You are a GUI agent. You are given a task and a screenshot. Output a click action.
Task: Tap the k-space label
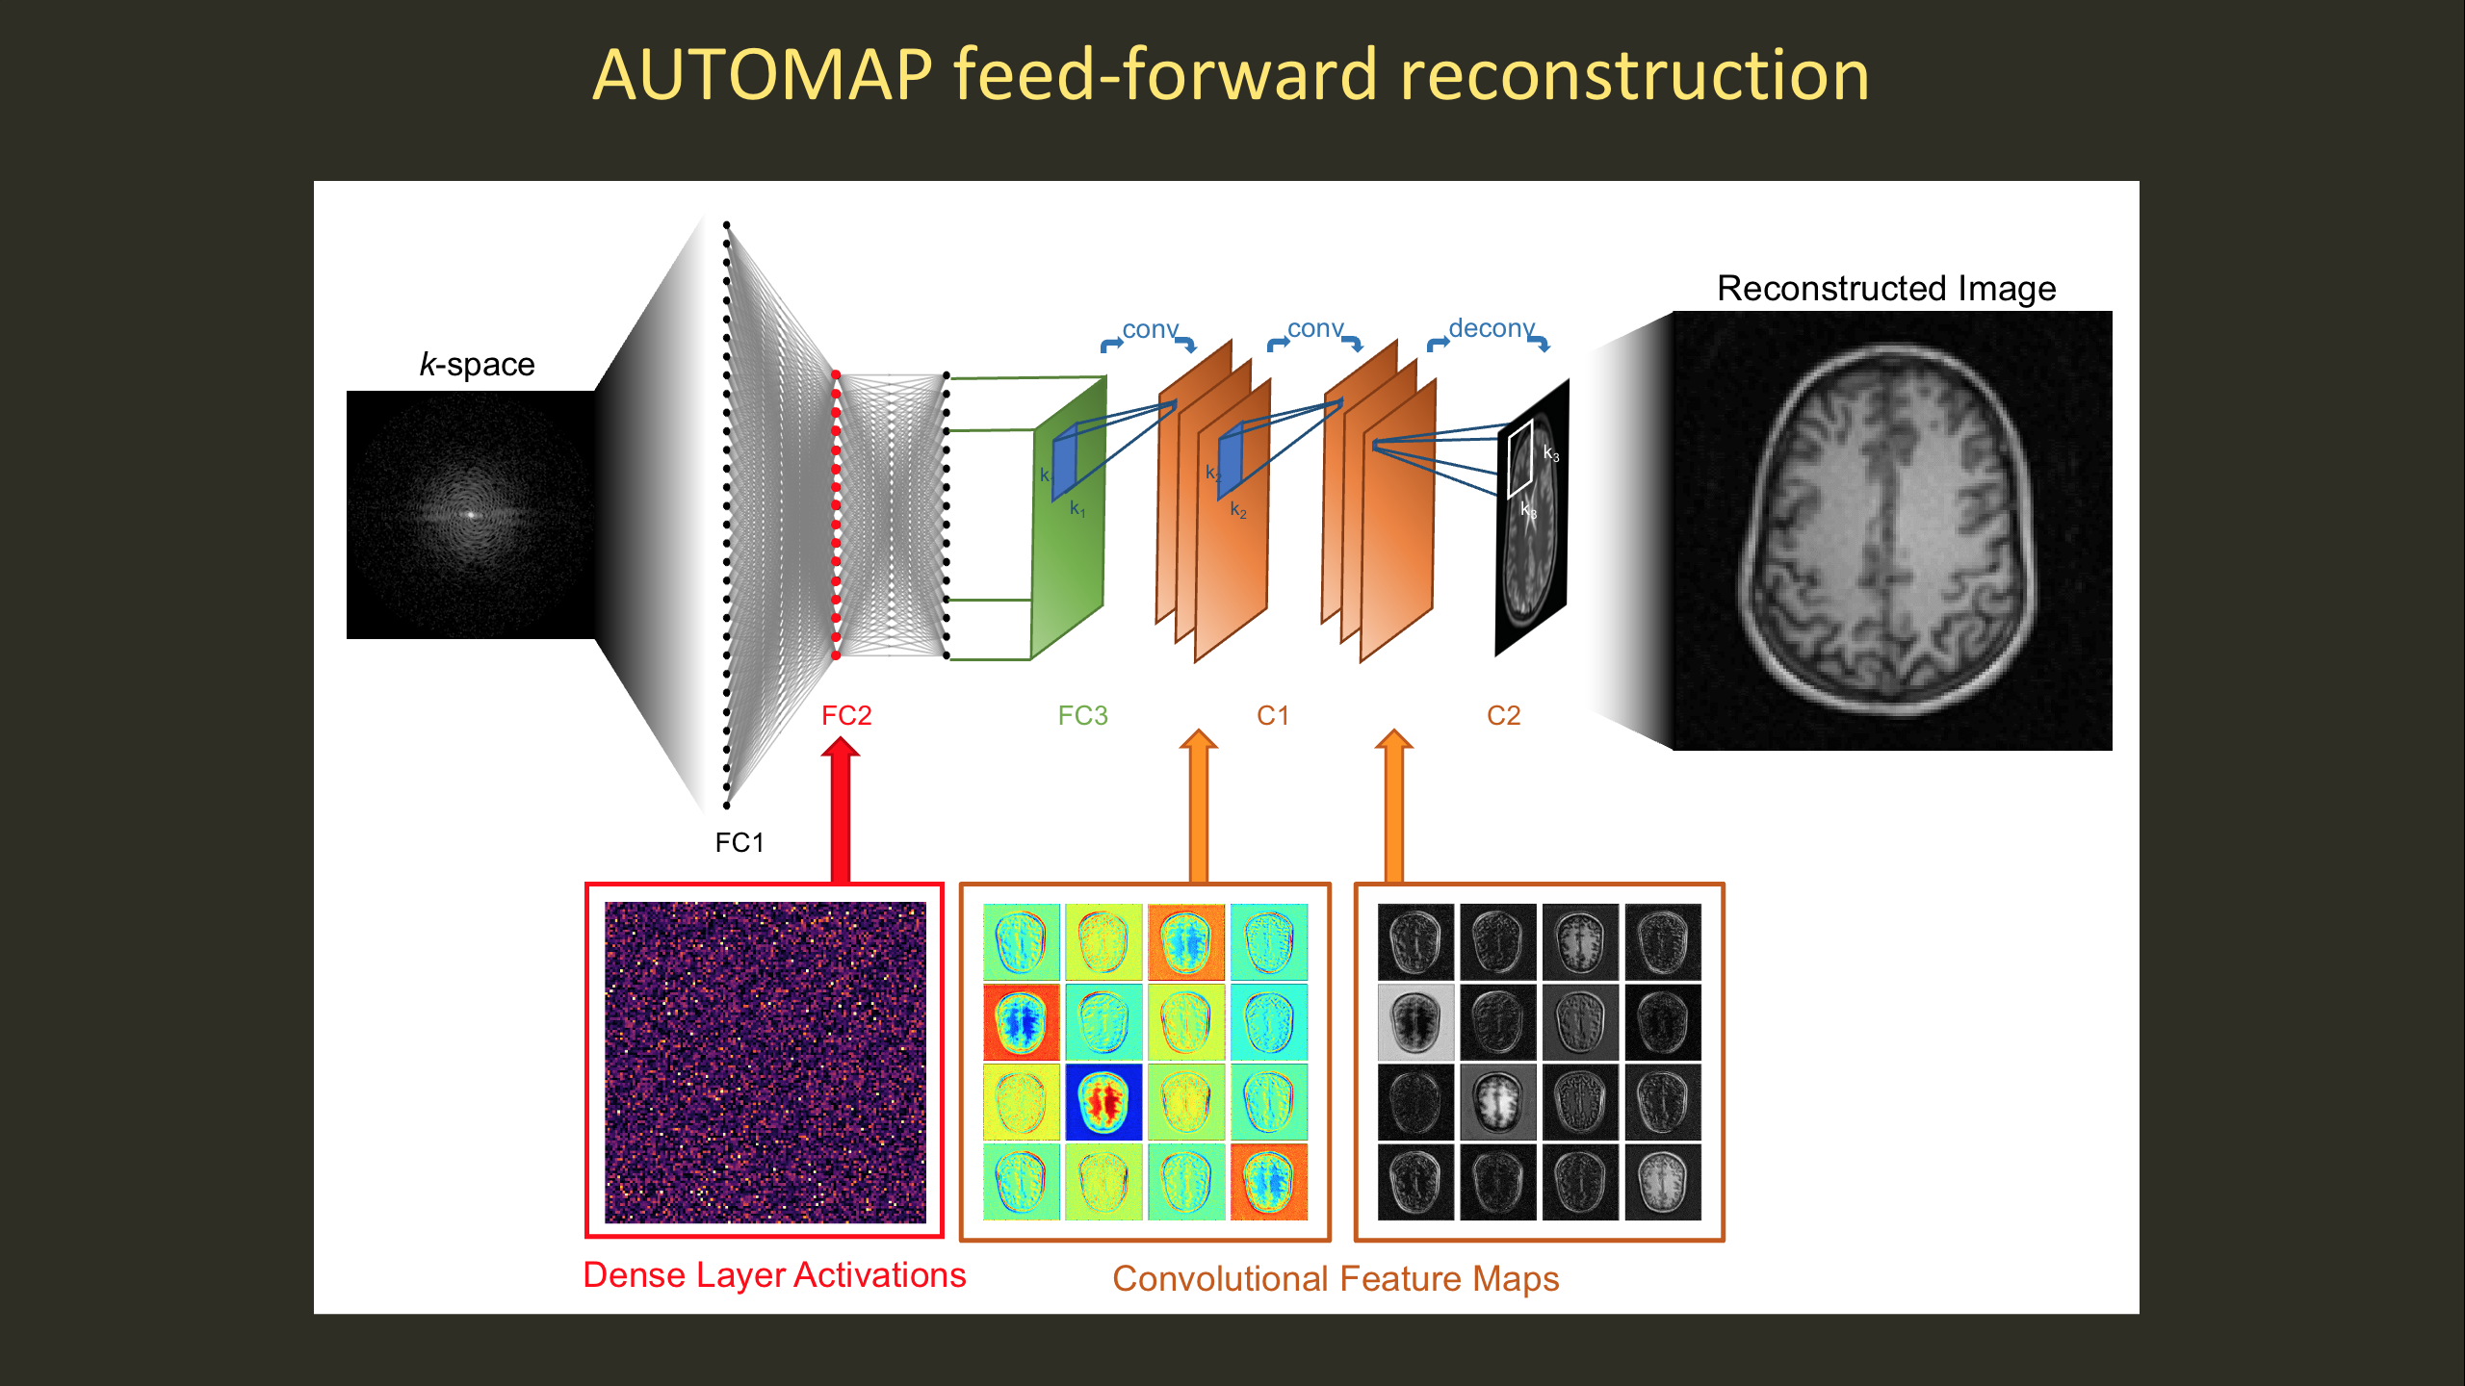click(477, 365)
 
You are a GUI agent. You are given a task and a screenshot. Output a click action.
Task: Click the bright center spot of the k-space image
click(471, 514)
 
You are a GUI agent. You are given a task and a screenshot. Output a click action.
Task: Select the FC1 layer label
click(739, 843)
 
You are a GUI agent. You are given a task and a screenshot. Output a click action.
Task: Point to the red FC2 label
click(846, 715)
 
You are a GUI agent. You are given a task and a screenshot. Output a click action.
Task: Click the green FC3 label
click(1082, 715)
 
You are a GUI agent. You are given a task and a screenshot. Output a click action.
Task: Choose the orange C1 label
click(1272, 715)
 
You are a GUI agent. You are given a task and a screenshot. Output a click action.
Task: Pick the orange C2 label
click(1503, 715)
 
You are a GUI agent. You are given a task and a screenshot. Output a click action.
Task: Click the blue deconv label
click(1491, 328)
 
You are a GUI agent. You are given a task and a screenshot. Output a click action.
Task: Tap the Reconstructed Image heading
click(1886, 288)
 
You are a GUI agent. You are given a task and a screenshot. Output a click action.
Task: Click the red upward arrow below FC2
click(841, 808)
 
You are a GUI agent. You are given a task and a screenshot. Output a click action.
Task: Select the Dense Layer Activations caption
click(774, 1275)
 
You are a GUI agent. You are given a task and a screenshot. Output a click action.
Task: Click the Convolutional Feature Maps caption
click(1336, 1279)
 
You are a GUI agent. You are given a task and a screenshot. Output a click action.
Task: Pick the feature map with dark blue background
click(1103, 1102)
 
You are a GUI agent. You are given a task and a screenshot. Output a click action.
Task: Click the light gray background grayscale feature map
click(1415, 1021)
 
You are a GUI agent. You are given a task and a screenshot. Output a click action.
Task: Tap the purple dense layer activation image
click(765, 1062)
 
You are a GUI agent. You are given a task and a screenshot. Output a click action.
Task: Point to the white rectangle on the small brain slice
click(1520, 459)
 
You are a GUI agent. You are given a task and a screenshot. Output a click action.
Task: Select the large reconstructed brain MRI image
click(1892, 530)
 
